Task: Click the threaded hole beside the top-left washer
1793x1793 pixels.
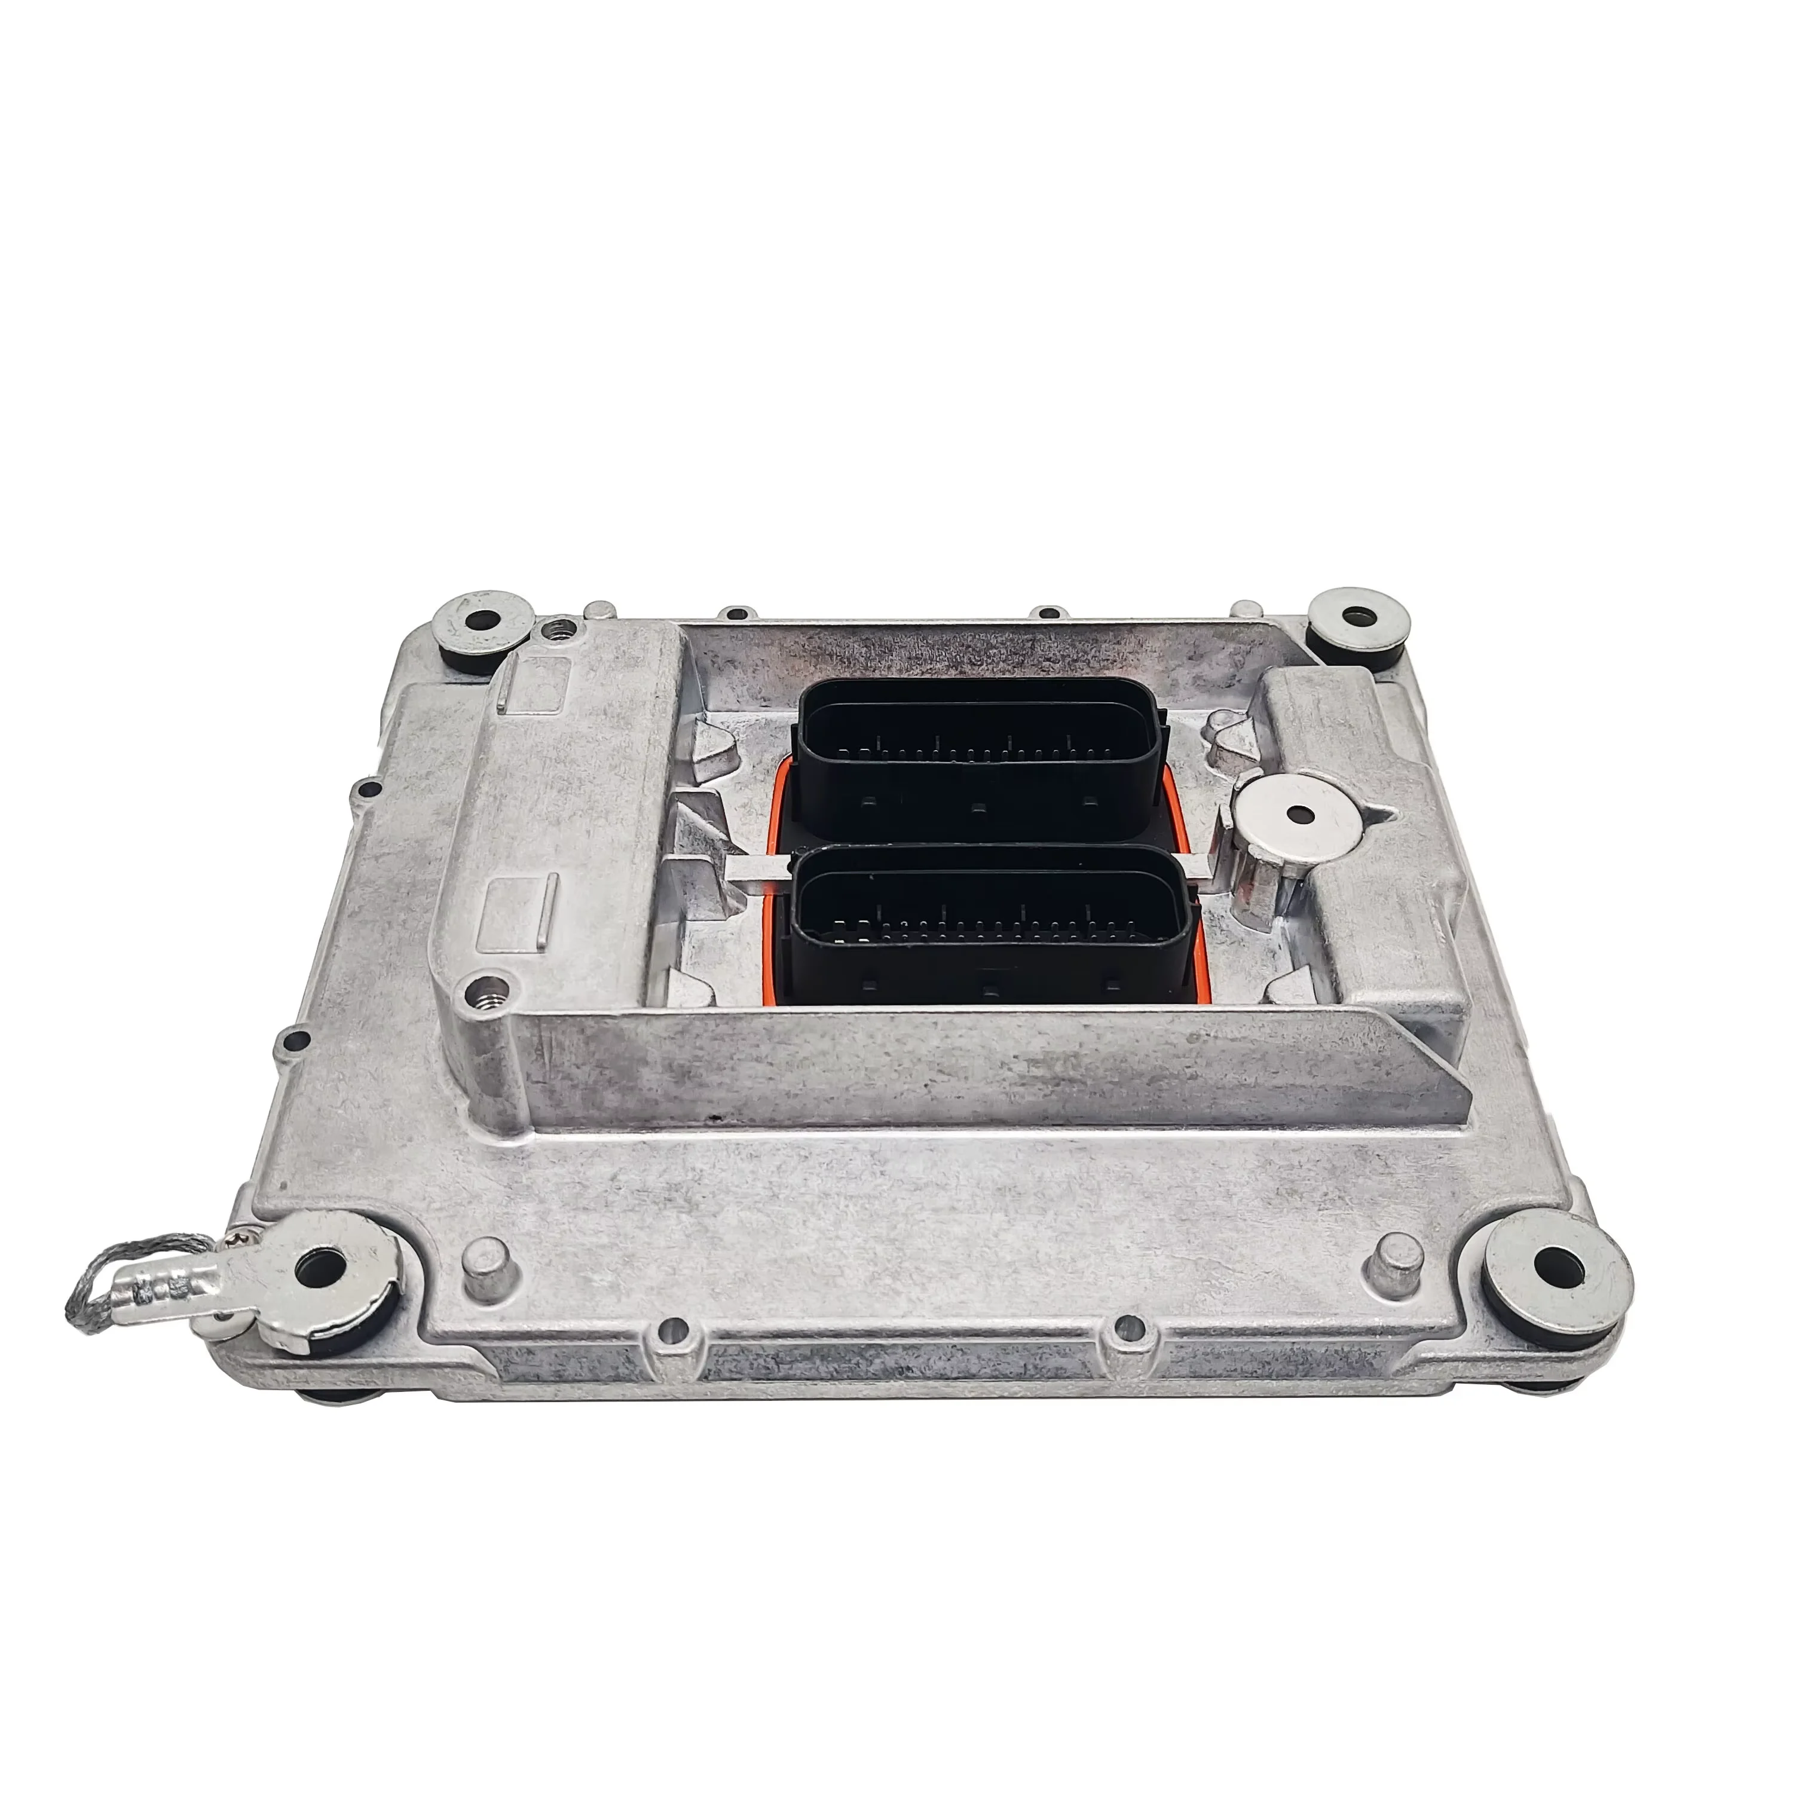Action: tap(559, 630)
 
